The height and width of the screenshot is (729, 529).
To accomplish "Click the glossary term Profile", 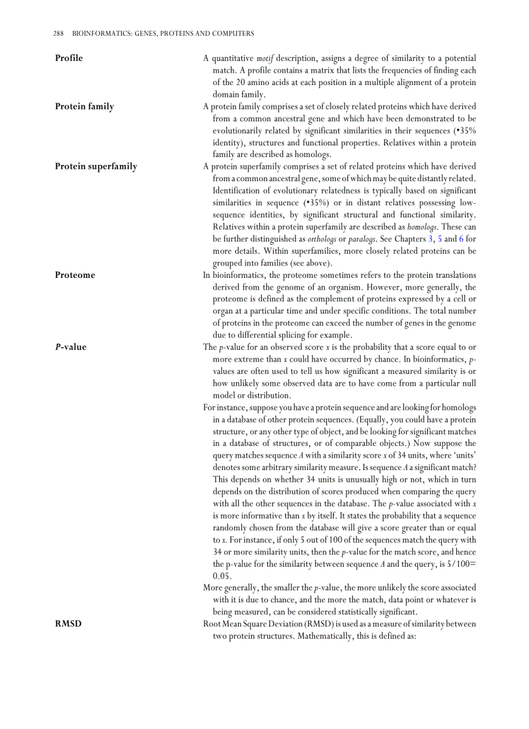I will (69, 58).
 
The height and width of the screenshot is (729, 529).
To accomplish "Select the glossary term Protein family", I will (84, 106).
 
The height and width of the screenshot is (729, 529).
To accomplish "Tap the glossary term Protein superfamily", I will (96, 167).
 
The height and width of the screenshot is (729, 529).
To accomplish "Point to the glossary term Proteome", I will (75, 275).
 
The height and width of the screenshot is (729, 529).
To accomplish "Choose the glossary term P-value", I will (71, 347).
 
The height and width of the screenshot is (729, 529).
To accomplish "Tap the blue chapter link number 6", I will (461, 239).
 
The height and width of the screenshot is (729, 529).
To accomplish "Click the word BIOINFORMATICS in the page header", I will (100, 33).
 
